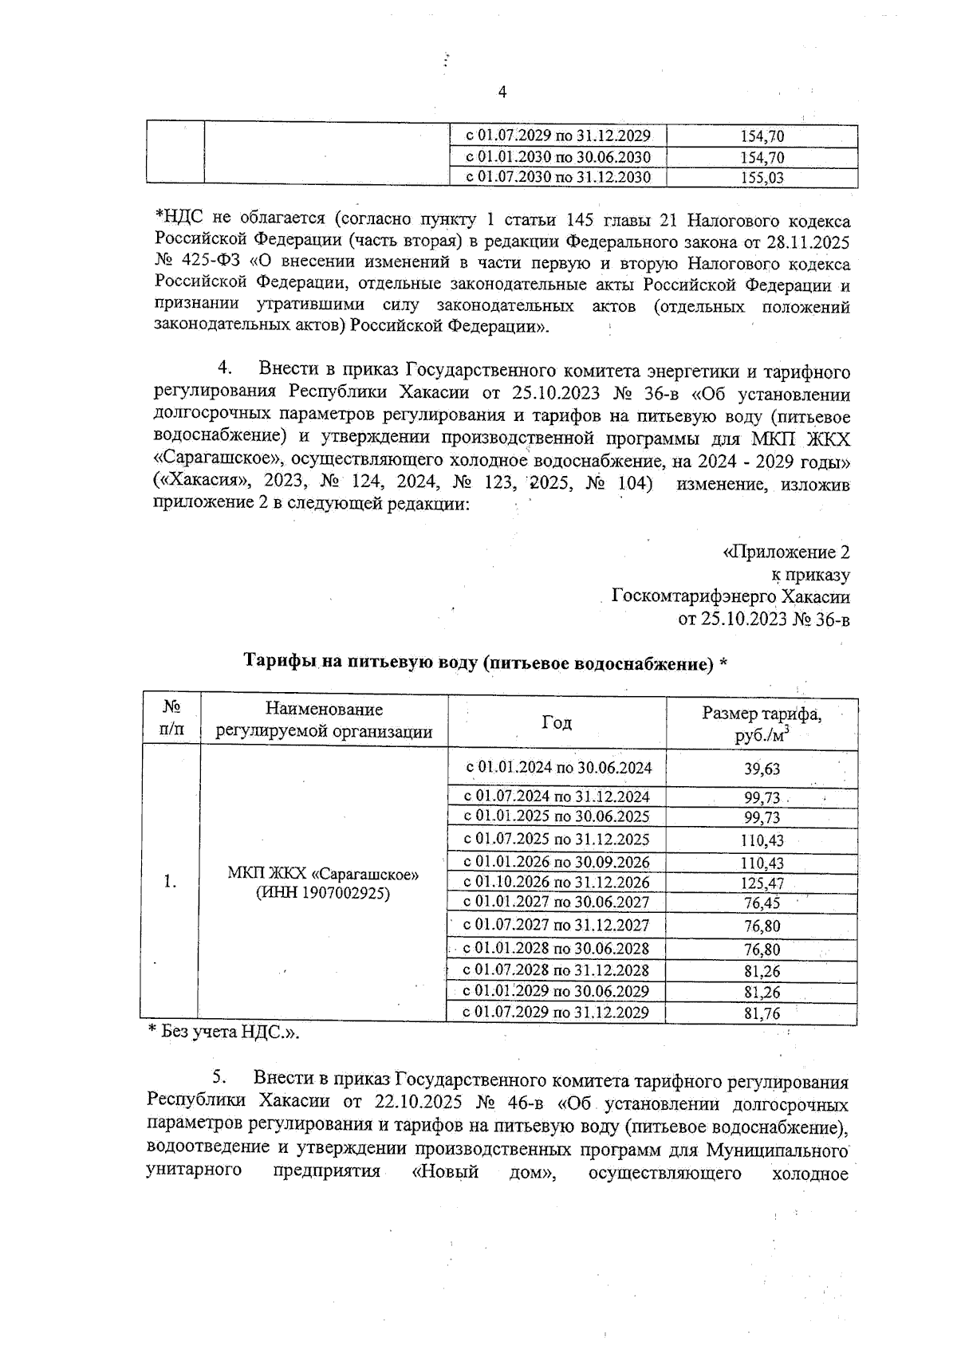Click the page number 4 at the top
tap(502, 92)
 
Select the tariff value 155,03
tap(762, 178)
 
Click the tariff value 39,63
tap(762, 769)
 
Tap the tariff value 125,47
tap(762, 883)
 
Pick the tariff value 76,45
tap(762, 903)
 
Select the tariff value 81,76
tap(762, 1014)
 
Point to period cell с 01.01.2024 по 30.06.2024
tap(559, 768)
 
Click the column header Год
tap(557, 722)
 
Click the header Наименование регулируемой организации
tap(324, 721)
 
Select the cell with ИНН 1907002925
tap(323, 894)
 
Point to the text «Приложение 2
tap(786, 553)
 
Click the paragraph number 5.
tap(220, 1078)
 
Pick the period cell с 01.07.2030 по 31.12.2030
tap(557, 177)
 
